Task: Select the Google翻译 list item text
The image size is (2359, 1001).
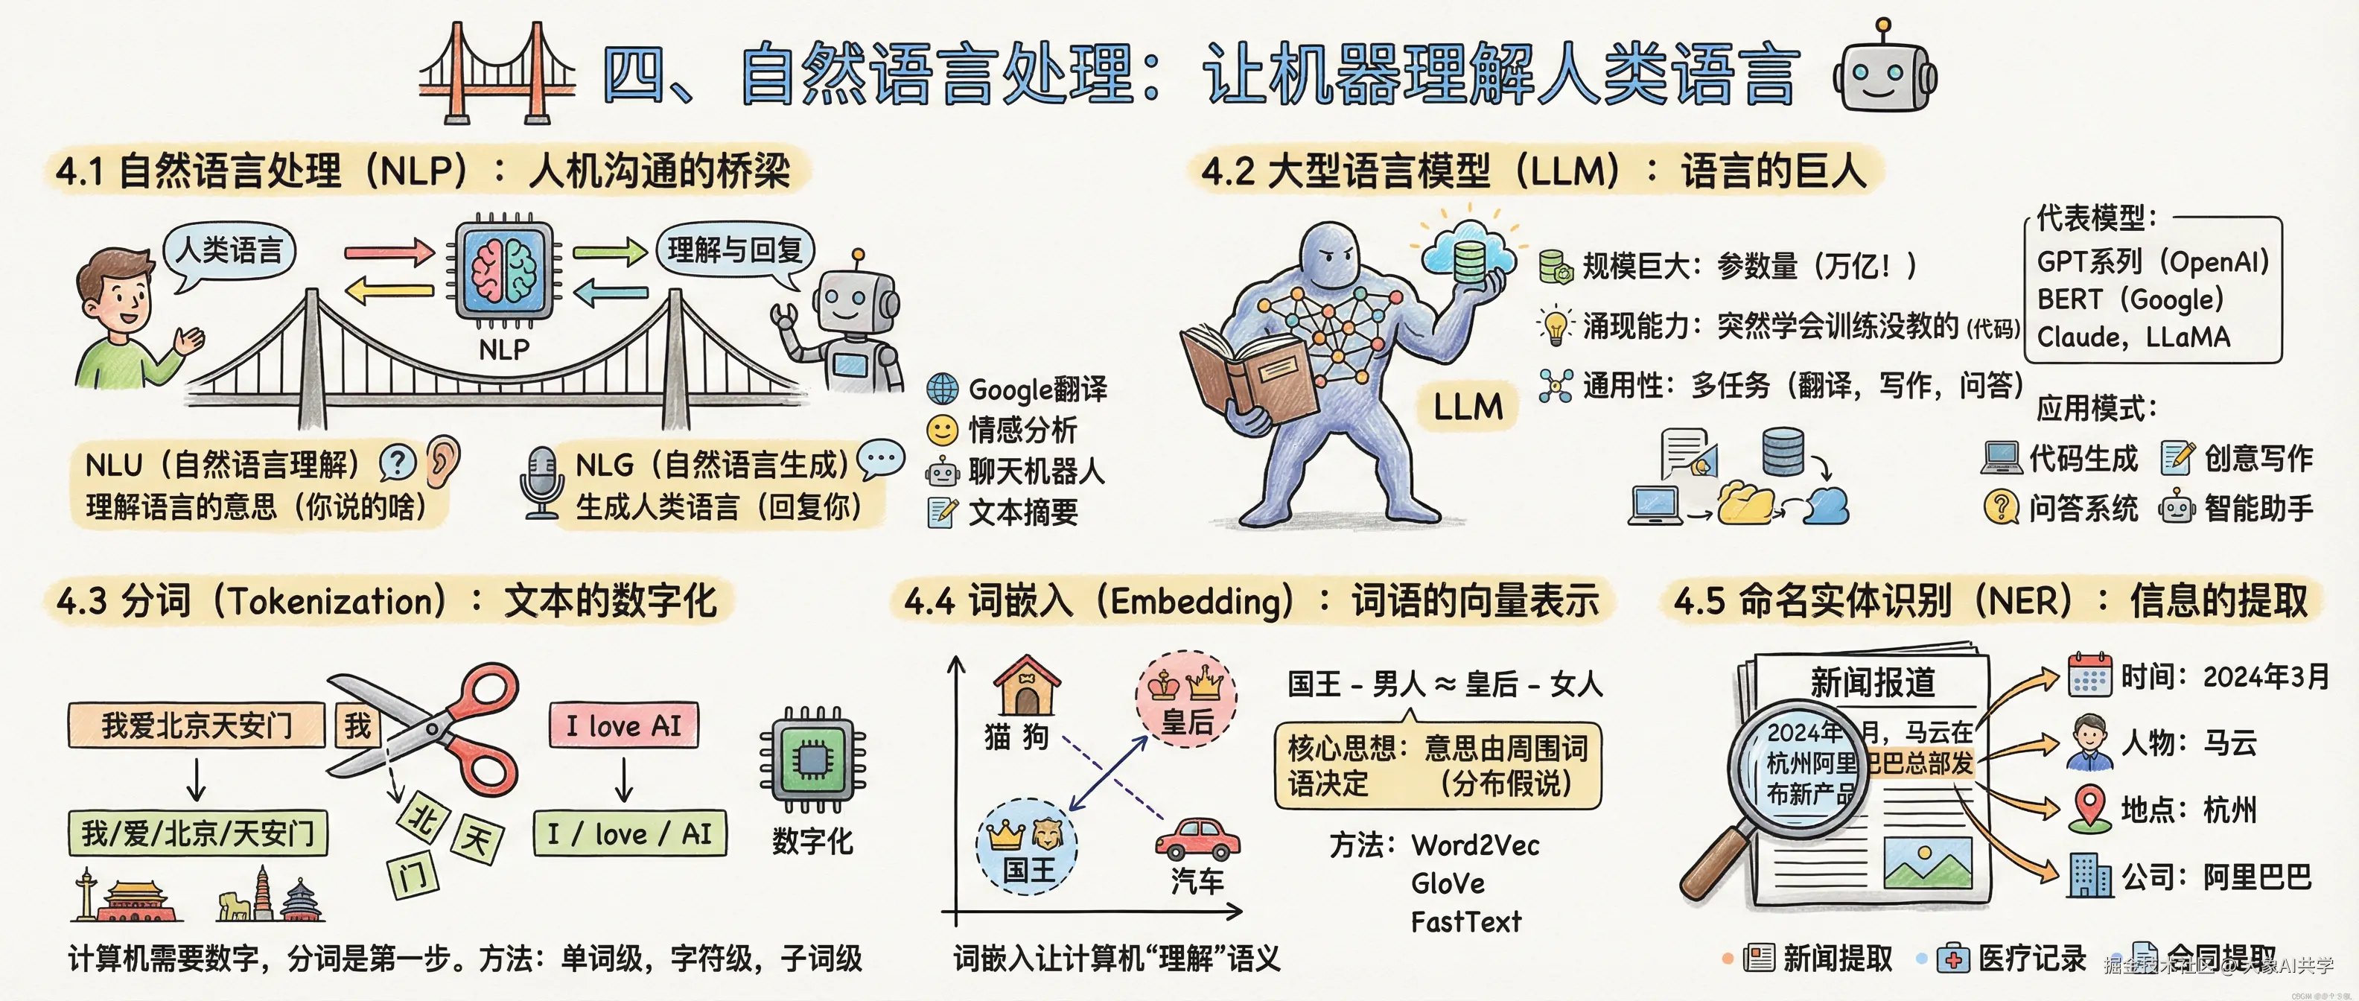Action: (x=1037, y=390)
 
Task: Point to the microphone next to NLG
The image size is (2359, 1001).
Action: (x=541, y=481)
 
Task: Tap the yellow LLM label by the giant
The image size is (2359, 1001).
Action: (x=1468, y=407)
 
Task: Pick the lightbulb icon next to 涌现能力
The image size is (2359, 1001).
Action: (x=1555, y=325)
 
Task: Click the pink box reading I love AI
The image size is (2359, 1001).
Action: (x=624, y=726)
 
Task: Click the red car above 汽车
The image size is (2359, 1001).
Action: (x=1197, y=838)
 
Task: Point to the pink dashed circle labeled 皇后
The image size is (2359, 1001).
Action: (x=1186, y=699)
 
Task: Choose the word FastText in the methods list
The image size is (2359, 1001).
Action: (x=1465, y=921)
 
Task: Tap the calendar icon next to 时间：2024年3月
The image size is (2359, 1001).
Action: (x=2089, y=676)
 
